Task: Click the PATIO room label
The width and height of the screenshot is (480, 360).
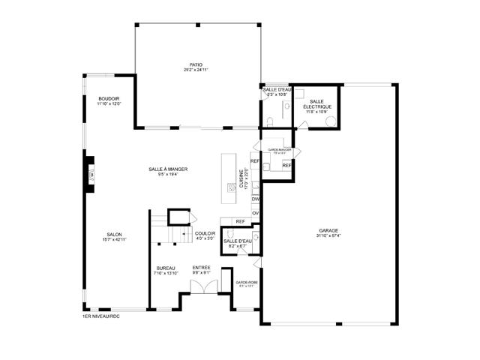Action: (x=196, y=64)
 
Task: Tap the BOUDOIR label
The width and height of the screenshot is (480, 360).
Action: (x=109, y=99)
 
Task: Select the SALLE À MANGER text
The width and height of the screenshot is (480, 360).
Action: (x=168, y=169)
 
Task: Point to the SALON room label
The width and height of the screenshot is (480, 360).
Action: (x=114, y=234)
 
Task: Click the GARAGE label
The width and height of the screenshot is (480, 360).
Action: (x=328, y=230)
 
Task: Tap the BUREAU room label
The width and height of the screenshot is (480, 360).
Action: (x=166, y=268)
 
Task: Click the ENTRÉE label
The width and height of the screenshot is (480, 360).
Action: (x=201, y=268)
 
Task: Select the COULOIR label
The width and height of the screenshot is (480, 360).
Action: (x=205, y=233)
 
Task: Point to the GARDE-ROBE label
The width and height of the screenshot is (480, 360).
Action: (x=247, y=283)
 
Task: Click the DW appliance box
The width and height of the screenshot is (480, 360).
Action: (x=256, y=199)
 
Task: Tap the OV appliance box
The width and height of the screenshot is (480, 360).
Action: (x=256, y=213)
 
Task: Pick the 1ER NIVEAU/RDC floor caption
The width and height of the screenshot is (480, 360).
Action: (x=100, y=316)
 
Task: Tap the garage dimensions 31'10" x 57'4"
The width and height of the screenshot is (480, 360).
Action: (x=328, y=235)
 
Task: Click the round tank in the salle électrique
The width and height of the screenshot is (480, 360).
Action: (x=330, y=120)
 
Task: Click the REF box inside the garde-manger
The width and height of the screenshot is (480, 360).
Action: (x=286, y=165)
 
